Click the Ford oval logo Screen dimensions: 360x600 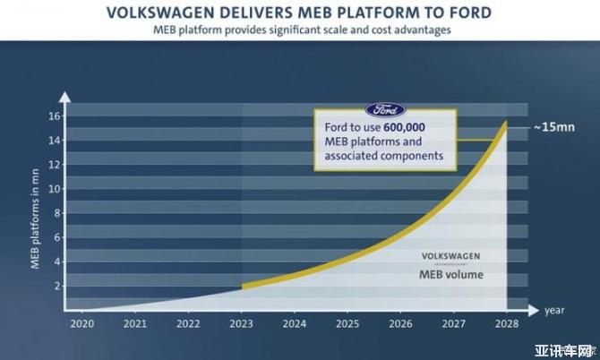tap(386, 111)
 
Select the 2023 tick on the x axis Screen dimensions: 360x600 tap(242, 323)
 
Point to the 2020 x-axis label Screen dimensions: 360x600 tap(82, 323)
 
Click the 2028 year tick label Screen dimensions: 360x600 tap(507, 323)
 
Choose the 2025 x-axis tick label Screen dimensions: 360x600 tap(347, 323)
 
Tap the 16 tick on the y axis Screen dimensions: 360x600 tap(56, 116)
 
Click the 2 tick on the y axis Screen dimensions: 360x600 tap(58, 286)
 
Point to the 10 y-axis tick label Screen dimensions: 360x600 tap(56, 189)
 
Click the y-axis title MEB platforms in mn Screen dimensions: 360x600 tap(38, 210)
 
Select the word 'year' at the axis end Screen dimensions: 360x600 tap(553, 311)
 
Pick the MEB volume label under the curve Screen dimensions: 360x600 tap(450, 274)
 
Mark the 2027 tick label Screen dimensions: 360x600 tap(454, 323)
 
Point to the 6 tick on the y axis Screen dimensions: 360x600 tap(58, 237)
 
